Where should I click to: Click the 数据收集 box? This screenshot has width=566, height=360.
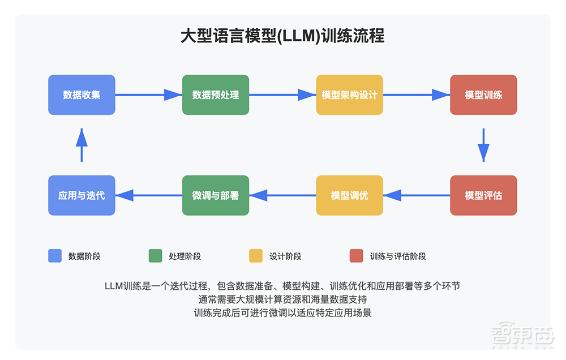point(82,95)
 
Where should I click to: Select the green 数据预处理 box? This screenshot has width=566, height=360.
point(216,95)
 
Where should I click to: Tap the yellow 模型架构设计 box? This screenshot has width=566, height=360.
point(349,95)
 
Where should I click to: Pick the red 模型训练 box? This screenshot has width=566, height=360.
point(483,95)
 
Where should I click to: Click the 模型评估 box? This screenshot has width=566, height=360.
point(483,195)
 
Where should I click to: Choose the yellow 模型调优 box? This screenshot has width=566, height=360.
point(349,195)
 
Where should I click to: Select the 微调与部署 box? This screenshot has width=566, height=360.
point(216,195)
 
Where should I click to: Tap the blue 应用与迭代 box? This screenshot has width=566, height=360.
point(82,195)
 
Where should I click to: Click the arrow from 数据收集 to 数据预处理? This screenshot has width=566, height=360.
point(148,95)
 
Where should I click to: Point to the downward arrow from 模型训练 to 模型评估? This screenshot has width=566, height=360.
point(483,145)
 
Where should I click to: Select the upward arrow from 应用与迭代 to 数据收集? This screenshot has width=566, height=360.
point(82,145)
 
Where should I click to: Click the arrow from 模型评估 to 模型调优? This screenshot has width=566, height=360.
point(417,195)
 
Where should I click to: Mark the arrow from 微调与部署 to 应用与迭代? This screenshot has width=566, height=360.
point(148,195)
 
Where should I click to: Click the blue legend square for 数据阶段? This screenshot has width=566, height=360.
point(55,256)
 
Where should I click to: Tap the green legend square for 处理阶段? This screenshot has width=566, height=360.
point(155,256)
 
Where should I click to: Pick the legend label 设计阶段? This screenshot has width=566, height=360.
point(285,256)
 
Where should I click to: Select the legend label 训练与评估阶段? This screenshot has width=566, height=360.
point(397,256)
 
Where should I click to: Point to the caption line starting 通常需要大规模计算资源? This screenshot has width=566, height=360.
point(282,299)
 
